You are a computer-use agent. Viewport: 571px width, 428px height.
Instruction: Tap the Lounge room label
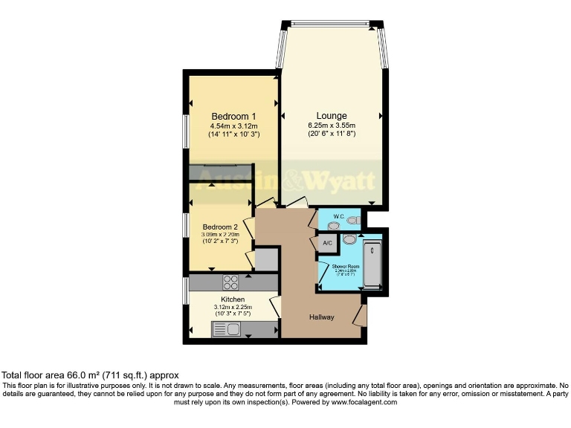pyautogui.click(x=332, y=116)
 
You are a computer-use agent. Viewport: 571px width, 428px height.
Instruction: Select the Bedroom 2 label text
pyautogui.click(x=220, y=227)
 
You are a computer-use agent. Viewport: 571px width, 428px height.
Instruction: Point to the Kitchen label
pyautogui.click(x=233, y=299)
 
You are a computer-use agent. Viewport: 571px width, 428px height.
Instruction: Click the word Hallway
pyautogui.click(x=322, y=317)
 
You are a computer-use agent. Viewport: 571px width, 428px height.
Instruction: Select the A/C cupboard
pyautogui.click(x=327, y=243)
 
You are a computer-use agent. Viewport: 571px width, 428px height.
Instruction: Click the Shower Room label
pyautogui.click(x=346, y=265)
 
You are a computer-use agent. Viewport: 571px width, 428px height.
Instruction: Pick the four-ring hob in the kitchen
pyautogui.click(x=230, y=282)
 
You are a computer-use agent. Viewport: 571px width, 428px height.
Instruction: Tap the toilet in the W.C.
pyautogui.click(x=352, y=221)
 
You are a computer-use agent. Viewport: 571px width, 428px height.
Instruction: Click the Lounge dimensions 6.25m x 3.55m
pyautogui.click(x=332, y=126)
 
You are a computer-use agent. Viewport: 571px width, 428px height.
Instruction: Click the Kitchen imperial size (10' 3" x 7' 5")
pyautogui.click(x=233, y=315)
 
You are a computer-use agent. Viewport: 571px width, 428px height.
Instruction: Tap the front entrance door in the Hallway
pyautogui.click(x=361, y=315)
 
